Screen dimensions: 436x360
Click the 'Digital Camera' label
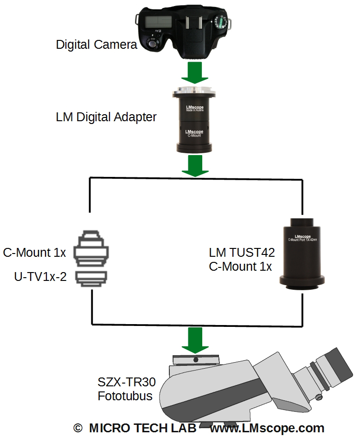(x=96, y=45)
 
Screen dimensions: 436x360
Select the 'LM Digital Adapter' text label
(x=106, y=117)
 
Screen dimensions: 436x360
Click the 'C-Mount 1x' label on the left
(x=35, y=253)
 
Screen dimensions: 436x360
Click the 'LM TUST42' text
(x=242, y=253)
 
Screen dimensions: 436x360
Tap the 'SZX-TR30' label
(x=126, y=383)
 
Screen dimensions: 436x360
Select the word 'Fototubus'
(x=126, y=397)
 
